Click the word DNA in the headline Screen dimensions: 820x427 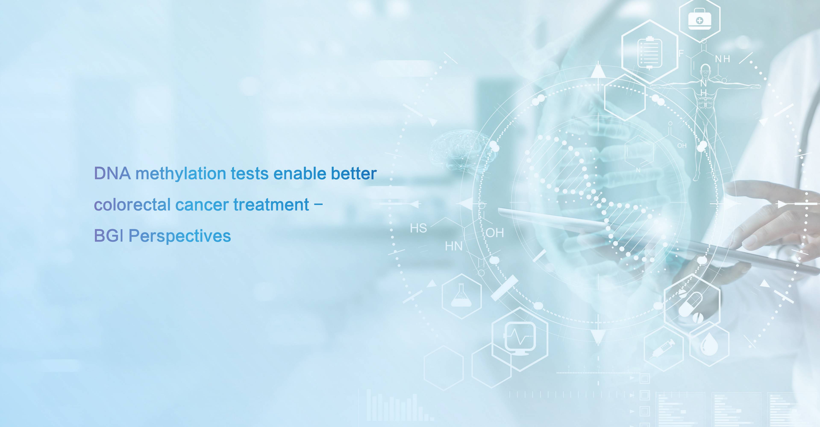[112, 174]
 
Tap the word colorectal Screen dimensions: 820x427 [132, 205]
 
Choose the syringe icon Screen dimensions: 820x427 [663, 348]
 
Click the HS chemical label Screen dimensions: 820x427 [418, 228]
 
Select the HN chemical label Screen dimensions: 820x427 [454, 246]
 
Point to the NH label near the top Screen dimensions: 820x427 [723, 59]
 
